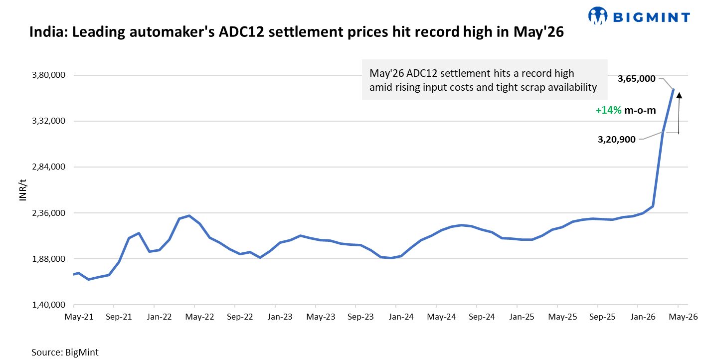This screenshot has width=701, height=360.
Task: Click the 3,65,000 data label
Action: pos(636,78)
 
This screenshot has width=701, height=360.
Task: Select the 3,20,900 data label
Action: pos(617,140)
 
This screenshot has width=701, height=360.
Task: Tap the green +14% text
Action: pos(608,111)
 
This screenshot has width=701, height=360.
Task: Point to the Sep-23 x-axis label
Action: pos(360,317)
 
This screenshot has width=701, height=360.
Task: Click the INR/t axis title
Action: pos(22,190)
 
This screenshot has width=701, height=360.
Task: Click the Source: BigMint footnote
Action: pos(65,352)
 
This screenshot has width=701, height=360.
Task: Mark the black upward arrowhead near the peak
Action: pos(679,95)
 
